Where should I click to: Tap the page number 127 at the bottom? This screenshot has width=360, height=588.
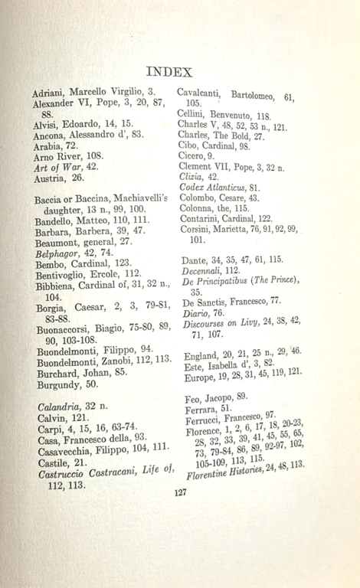tap(180, 492)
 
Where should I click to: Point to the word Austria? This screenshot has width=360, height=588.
tap(51, 178)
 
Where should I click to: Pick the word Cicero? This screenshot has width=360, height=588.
tap(191, 155)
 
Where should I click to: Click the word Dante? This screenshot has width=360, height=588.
tap(196, 260)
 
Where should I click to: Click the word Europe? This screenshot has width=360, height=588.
tap(201, 377)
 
